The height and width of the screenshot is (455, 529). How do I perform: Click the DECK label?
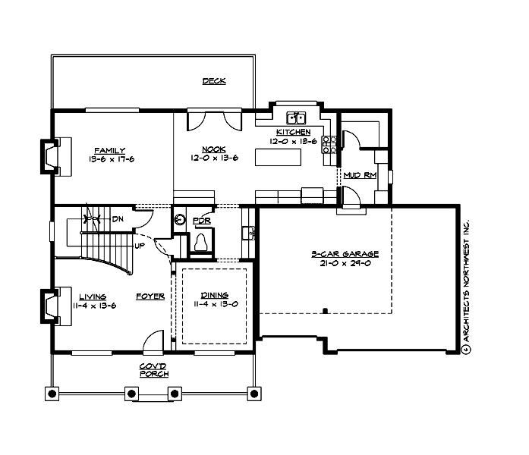(214, 81)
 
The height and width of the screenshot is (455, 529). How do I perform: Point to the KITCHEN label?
(294, 132)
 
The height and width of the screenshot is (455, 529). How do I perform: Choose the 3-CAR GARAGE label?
(345, 254)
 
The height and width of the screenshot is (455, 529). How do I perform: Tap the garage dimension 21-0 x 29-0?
(345, 263)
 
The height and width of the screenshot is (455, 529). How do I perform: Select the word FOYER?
(150, 297)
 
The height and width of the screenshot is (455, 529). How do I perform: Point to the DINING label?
(214, 296)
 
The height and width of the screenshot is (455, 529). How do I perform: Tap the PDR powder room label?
(201, 221)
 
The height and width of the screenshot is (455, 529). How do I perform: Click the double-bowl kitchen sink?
(296, 118)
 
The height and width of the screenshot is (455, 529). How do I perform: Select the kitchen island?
(279, 158)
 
